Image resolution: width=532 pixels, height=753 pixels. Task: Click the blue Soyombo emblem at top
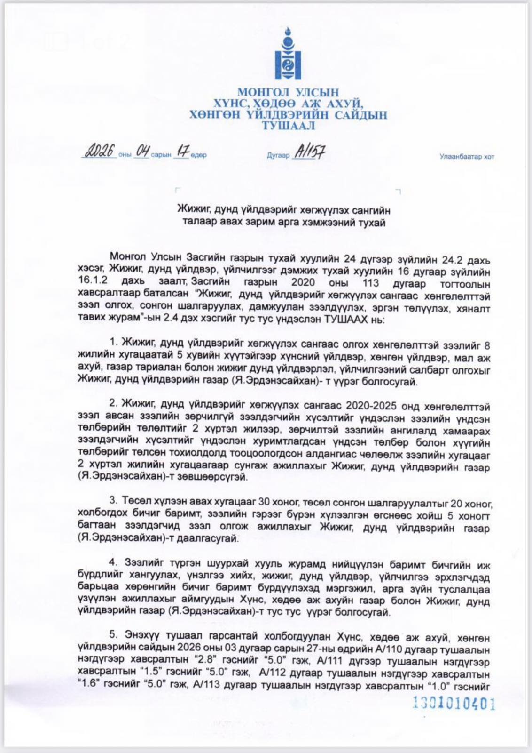click(288, 53)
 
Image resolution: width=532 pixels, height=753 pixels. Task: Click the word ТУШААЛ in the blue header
click(288, 126)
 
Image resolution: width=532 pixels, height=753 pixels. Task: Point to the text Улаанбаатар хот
click(467, 157)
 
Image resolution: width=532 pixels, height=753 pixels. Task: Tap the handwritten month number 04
click(142, 152)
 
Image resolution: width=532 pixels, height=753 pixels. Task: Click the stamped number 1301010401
click(454, 704)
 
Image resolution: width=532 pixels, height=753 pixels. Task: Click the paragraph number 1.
click(113, 342)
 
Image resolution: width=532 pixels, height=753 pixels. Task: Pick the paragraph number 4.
click(113, 562)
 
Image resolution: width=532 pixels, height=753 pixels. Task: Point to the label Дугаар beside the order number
click(278, 155)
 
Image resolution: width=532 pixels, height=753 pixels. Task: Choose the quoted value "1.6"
click(89, 685)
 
